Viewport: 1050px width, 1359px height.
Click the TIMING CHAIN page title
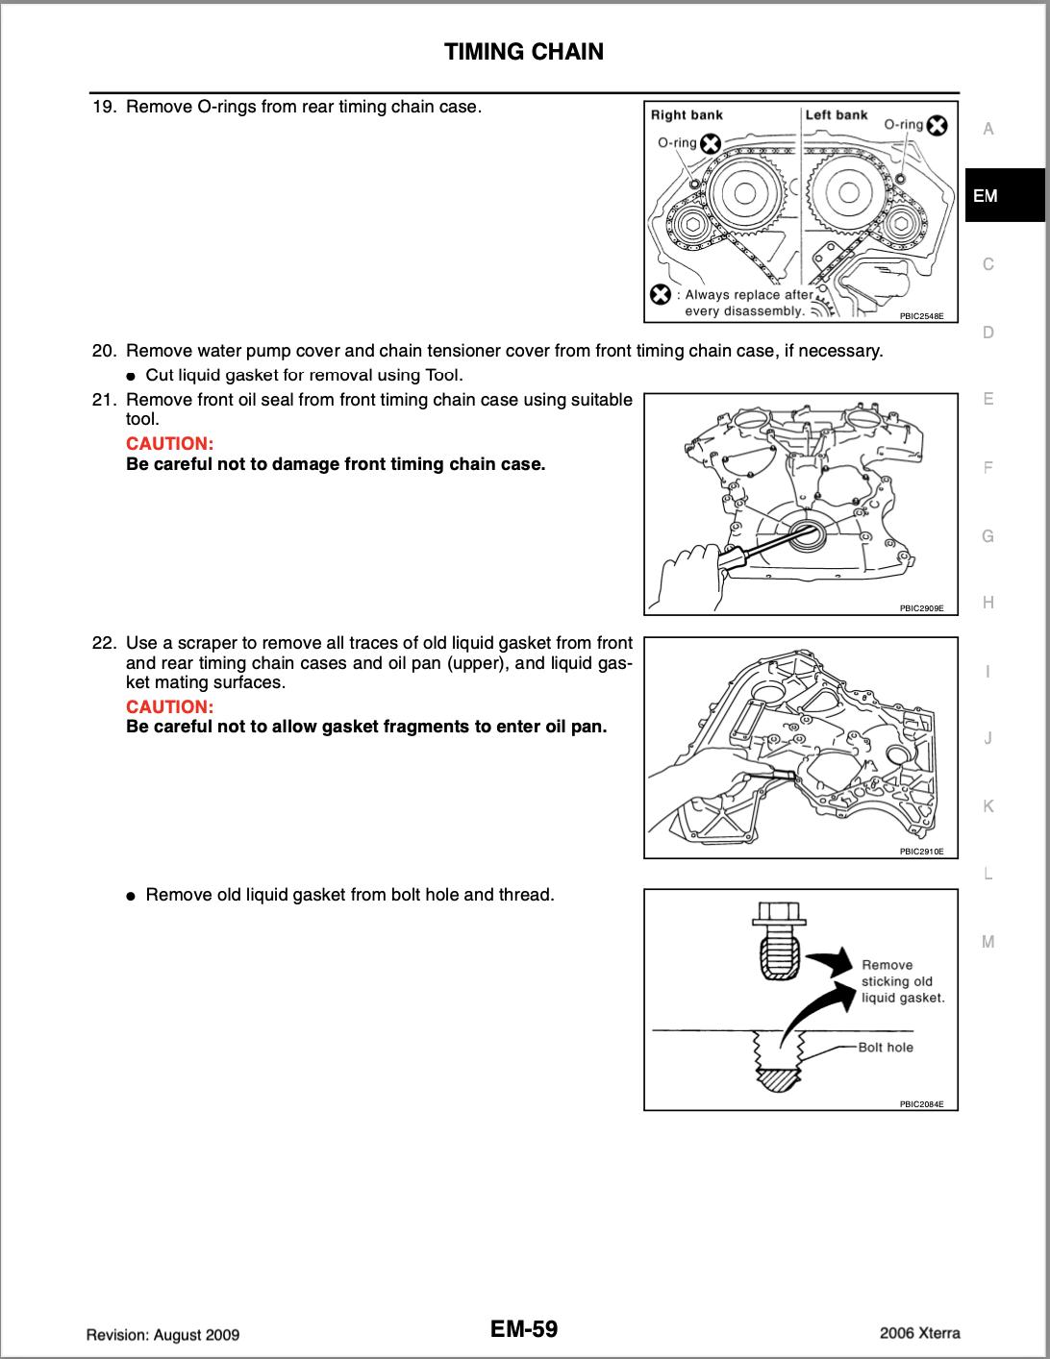524,52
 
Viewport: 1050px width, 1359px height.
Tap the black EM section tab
1004,196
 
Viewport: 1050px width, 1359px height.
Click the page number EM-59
523,1329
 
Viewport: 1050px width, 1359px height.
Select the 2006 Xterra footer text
919,1333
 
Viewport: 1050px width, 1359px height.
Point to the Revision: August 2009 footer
162,1335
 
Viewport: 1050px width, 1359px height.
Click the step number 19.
103,107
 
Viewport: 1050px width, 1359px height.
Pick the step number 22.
103,643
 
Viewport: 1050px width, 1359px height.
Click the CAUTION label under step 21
169,444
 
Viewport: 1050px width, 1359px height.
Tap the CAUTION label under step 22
169,706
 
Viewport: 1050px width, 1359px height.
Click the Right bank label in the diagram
687,115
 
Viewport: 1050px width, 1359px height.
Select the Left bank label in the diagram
836,115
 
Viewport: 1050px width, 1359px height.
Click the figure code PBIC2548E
921,315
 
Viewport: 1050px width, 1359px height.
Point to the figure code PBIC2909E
921,608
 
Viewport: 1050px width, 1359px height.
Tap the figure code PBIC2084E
921,1104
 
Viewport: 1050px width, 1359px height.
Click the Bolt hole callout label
886,1048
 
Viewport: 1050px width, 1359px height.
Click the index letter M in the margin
987,942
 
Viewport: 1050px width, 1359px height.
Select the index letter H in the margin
987,603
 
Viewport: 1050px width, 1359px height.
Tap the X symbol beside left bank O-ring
937,126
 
